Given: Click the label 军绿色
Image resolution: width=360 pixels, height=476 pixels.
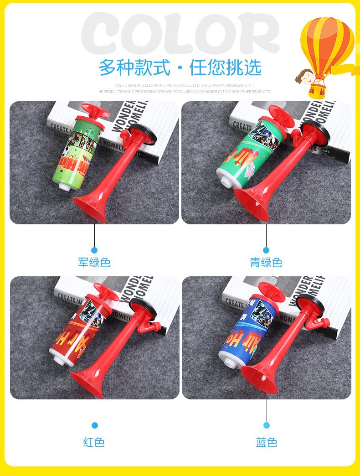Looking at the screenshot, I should tap(94, 263).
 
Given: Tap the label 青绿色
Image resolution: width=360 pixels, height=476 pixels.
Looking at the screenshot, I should tap(266, 263).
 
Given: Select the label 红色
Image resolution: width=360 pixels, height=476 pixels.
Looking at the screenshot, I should tap(94, 442).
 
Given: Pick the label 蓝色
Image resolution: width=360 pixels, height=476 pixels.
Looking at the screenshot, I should tap(267, 442).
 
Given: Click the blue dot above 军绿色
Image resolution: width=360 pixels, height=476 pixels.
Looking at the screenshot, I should tap(94, 250).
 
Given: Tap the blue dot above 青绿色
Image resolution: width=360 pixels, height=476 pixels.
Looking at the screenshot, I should tap(266, 250).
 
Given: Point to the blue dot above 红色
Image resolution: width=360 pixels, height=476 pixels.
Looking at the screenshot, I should tap(95, 425).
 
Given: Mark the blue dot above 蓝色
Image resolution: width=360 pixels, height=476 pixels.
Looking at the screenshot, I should tap(267, 425).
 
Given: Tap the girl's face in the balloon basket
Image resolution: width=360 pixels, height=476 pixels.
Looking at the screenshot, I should tap(304, 76).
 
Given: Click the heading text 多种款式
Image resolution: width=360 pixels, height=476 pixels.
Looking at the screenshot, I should tap(134, 68).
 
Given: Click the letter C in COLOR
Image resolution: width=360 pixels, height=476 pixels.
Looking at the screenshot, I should tap(103, 34).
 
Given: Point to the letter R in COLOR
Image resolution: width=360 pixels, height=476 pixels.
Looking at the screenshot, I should tap(259, 34).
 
